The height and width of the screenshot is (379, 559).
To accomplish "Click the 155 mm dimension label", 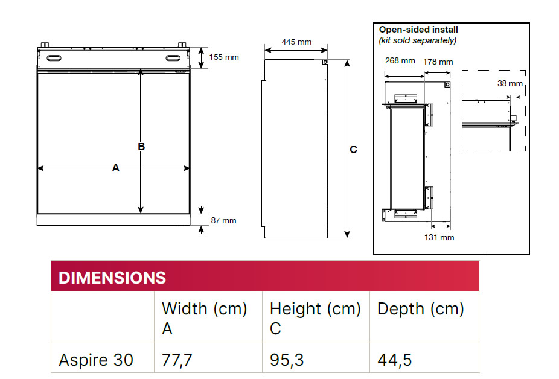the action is [x=224, y=57].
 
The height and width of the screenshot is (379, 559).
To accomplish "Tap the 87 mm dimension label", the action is [x=223, y=221].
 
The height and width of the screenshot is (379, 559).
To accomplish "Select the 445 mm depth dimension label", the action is [x=296, y=42].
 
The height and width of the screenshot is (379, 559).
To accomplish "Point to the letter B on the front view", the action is [x=141, y=147].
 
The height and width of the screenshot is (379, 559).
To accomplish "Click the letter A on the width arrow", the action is [x=115, y=168].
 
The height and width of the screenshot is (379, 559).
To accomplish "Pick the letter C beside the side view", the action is [x=353, y=150].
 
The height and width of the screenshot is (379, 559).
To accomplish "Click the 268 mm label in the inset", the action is [x=400, y=61].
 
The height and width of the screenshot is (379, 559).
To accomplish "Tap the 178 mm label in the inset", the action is [x=438, y=62].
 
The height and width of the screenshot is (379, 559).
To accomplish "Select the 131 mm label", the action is [x=439, y=237].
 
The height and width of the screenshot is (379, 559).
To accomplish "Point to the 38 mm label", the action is [x=510, y=84].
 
